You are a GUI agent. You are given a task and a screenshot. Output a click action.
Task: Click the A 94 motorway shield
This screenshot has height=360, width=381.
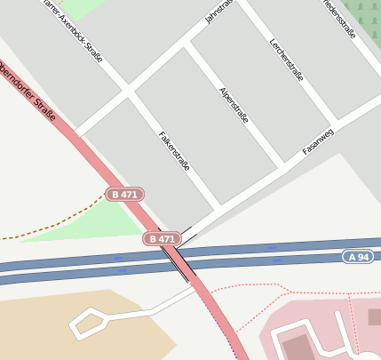(357, 257)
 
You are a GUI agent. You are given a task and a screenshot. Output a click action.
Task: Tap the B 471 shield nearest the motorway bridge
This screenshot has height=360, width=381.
(163, 238)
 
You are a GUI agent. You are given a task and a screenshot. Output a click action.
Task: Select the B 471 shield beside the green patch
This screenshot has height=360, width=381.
(124, 194)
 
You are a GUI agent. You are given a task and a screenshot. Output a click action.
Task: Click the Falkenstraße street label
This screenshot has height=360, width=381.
(174, 150)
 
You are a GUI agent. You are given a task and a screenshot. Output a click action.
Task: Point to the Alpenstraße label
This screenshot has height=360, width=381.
(233, 105)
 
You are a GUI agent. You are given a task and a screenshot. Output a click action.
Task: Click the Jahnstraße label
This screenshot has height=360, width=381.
(218, 12)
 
